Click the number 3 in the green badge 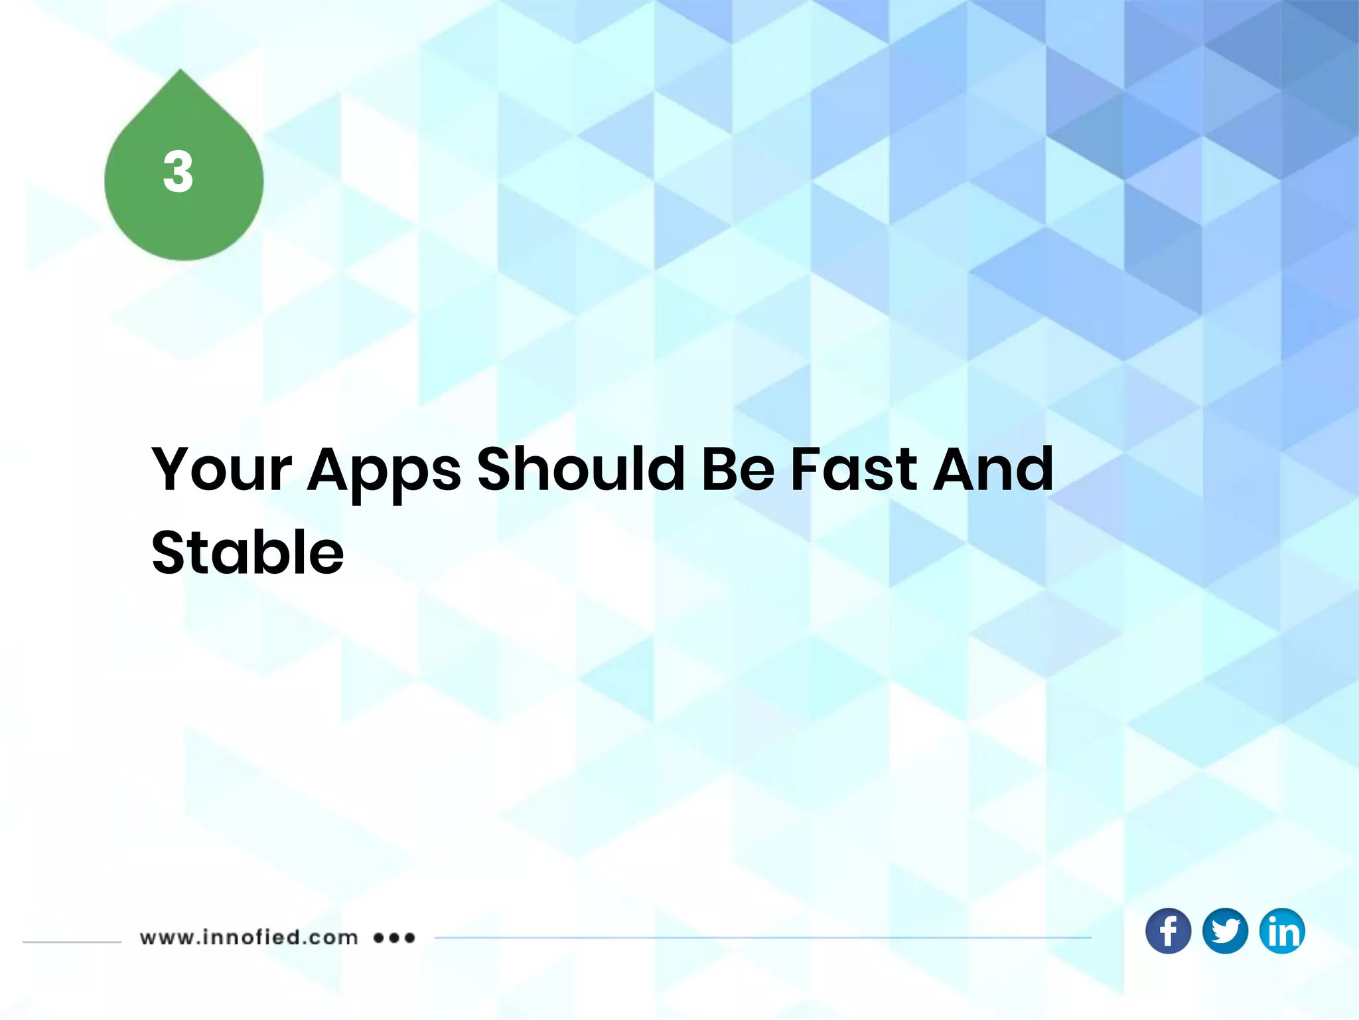tap(178, 172)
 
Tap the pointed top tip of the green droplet tap(180, 72)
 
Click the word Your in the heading tap(222, 469)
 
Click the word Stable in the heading tap(248, 552)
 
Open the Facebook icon tap(1168, 931)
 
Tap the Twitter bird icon tap(1225, 931)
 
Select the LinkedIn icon tap(1282, 931)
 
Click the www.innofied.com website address tap(249, 938)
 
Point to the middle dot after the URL tap(395, 938)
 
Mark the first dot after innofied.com tap(379, 938)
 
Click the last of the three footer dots tap(410, 938)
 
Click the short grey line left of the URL tap(72, 942)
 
